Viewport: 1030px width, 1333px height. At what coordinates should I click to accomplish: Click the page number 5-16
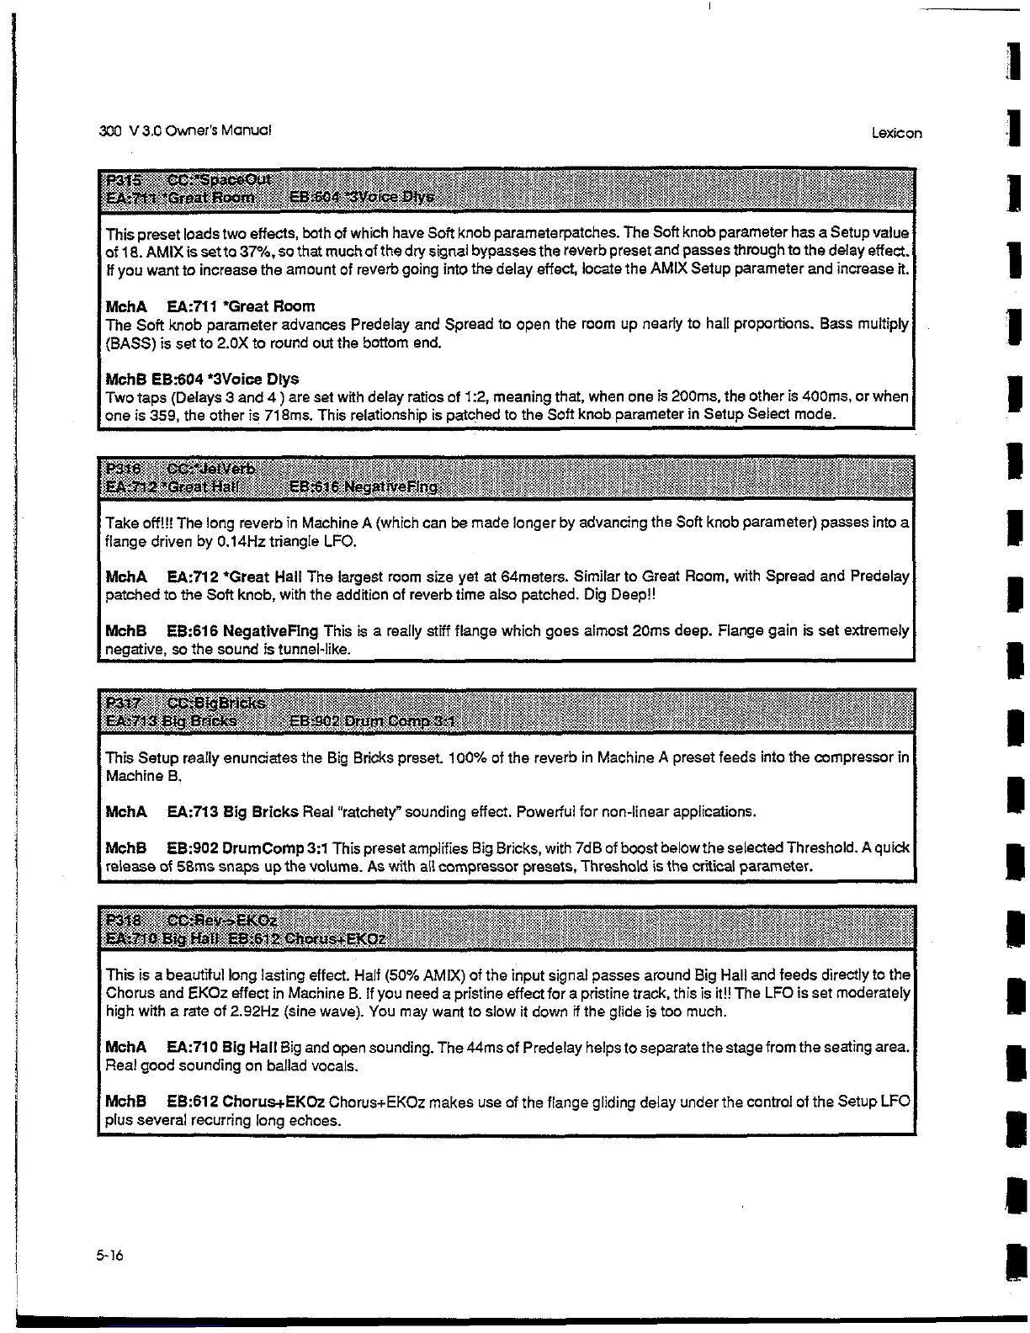pos(109,1256)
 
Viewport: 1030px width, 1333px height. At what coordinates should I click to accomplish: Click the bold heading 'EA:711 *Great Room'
pos(241,306)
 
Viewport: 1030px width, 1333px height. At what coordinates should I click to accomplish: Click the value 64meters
pos(534,576)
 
